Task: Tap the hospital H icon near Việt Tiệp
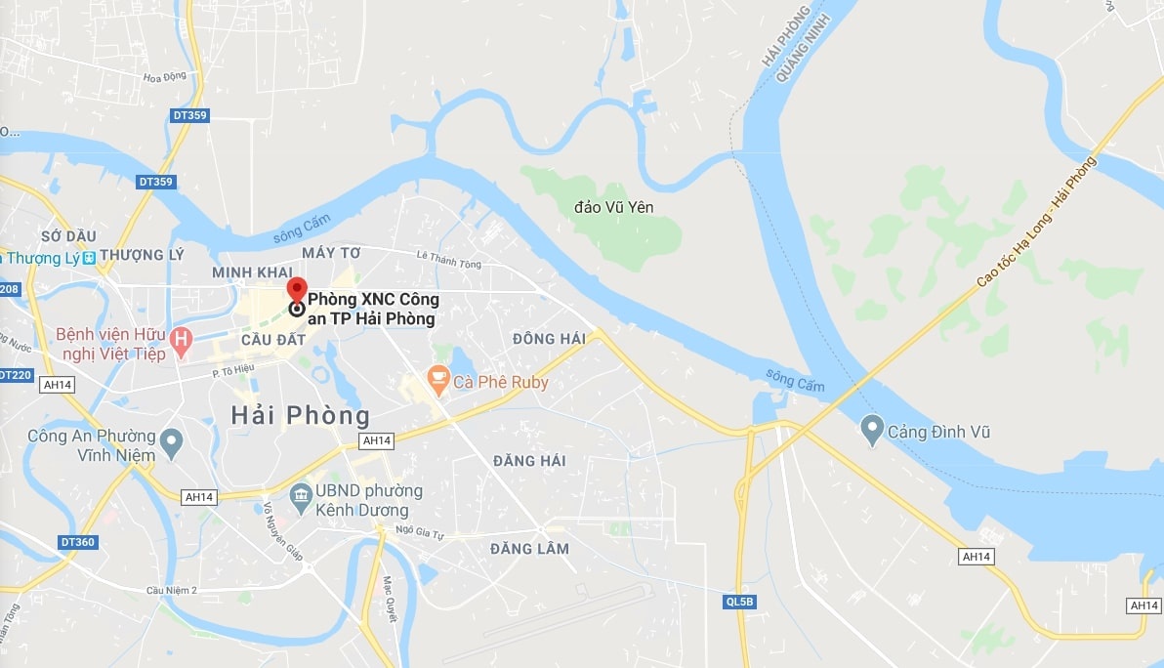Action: tap(180, 340)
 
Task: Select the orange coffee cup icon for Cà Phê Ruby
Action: tap(438, 379)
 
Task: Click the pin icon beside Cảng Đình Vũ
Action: tap(872, 430)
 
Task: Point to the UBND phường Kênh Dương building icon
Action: tap(301, 498)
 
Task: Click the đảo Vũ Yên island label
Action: tap(614, 207)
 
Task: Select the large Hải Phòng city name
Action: tap(301, 415)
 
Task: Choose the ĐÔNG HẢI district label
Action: tap(549, 339)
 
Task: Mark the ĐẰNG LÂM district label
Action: tap(530, 549)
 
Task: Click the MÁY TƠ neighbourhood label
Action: tap(331, 253)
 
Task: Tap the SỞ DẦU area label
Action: tap(68, 236)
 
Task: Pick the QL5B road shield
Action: tap(740, 602)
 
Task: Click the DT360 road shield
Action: tap(77, 542)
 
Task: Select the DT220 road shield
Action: tap(14, 375)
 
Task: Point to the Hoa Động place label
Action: tap(164, 77)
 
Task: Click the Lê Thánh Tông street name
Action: tap(449, 260)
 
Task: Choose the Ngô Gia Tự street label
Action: tap(420, 528)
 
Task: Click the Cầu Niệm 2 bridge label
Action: tap(172, 590)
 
